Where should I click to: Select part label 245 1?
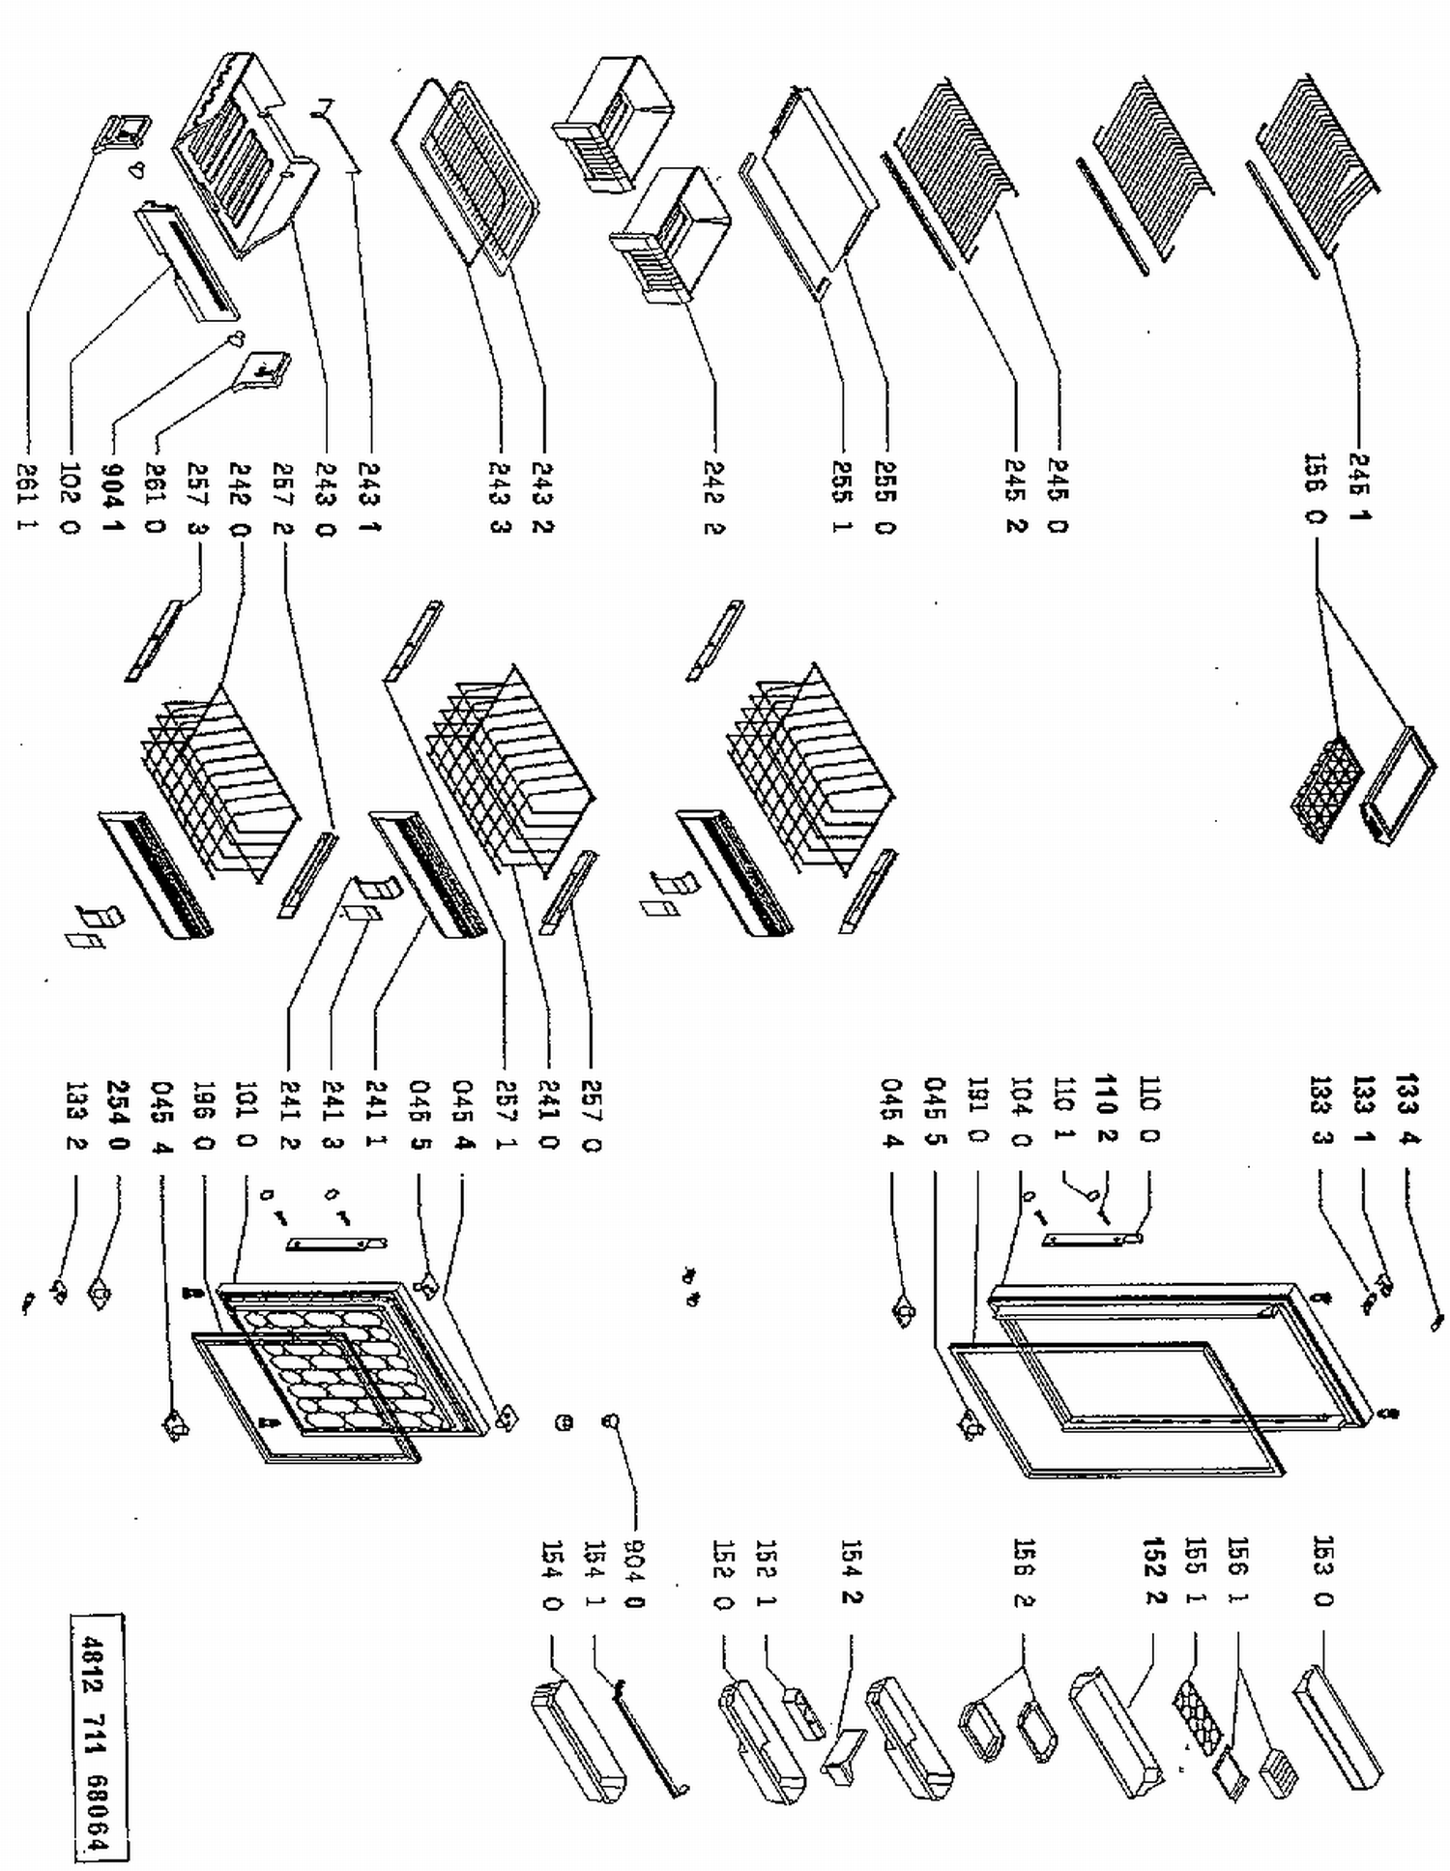tap(1359, 488)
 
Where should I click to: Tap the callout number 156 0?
tap(1314, 488)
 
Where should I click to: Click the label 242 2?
tap(715, 498)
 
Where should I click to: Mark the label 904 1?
tap(113, 498)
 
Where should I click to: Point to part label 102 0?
tap(70, 498)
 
